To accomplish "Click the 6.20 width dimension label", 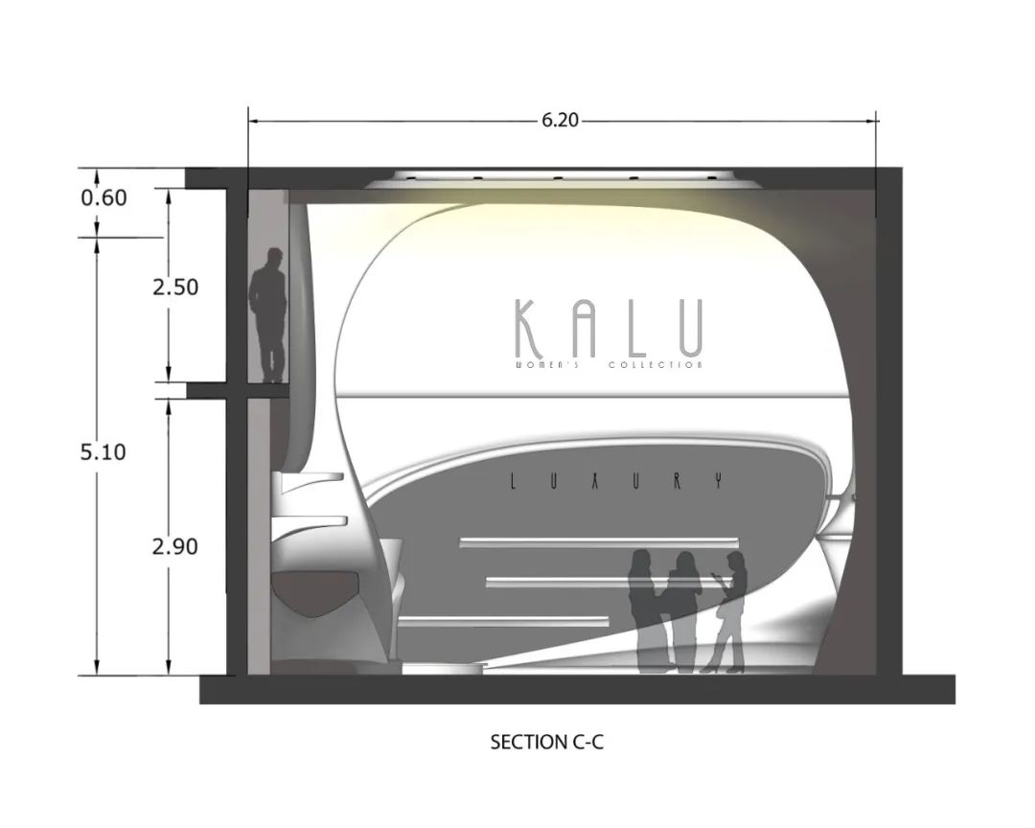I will click(561, 121).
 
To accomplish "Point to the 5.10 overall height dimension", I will click(103, 451).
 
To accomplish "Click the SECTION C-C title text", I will click(546, 742).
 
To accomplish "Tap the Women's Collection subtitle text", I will click(609, 365).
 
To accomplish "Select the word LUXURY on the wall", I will click(612, 483).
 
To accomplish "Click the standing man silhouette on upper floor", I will click(269, 314).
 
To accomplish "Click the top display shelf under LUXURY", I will click(599, 542).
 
